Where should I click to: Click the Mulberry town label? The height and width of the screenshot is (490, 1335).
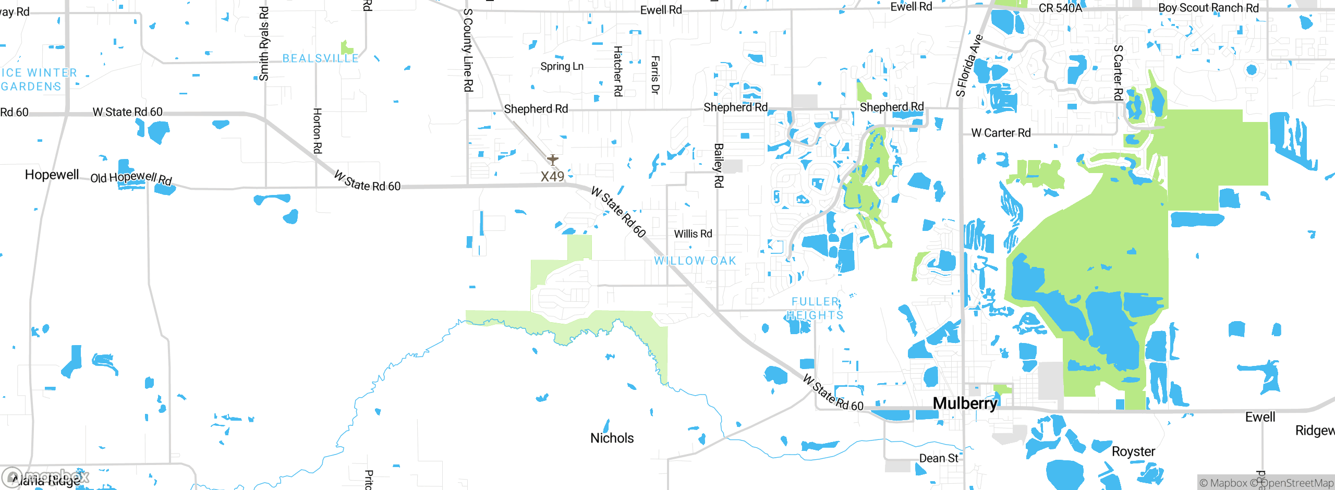pos(965,403)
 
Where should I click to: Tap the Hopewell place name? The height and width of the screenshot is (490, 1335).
pos(52,175)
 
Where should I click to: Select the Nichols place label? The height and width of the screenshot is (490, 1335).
pos(612,438)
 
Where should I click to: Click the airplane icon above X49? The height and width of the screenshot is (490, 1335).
pos(552,160)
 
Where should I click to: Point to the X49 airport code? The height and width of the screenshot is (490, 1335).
pos(552,176)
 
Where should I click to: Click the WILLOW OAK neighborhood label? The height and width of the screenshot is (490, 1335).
pos(695,261)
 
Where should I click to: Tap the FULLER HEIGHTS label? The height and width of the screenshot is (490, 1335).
pos(815,309)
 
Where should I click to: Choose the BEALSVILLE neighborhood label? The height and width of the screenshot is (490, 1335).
pos(320,58)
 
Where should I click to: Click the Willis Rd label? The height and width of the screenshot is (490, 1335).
pos(693,234)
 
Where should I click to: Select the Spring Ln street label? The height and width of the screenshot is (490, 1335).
pos(562,66)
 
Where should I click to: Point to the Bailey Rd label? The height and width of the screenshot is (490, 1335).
pos(719,165)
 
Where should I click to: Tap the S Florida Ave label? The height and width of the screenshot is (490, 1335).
pos(969,66)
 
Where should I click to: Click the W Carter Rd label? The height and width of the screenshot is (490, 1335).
pos(1001,133)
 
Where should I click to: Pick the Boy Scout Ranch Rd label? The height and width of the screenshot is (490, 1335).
pos(1208,8)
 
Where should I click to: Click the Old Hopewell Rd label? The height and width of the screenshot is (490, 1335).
pos(131,178)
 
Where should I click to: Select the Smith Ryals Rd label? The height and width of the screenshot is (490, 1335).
pos(264,44)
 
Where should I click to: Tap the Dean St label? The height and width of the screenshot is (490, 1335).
pos(938,458)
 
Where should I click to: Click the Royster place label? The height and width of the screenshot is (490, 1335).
pos(1133,451)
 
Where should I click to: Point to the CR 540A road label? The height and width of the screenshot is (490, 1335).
pos(1060,8)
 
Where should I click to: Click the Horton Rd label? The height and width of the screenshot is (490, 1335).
pos(317,131)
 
